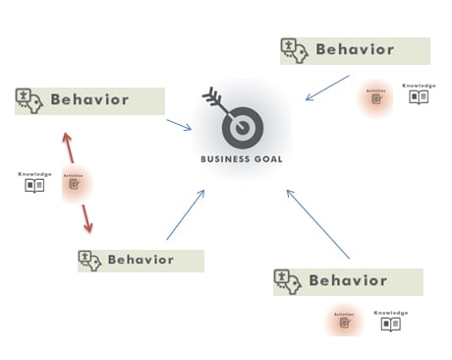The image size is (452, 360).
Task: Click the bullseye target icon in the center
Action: coord(240,129)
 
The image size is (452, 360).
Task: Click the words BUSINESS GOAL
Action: coord(241,158)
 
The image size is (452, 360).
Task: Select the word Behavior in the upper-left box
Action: coord(89,99)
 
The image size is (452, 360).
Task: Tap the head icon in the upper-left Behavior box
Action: coord(28,98)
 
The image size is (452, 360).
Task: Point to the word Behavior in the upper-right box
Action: coord(354,49)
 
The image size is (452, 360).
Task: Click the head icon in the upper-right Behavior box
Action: coord(294,49)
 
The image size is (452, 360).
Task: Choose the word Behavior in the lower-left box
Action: coord(141,260)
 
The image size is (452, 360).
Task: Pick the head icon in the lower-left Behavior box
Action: coord(90,261)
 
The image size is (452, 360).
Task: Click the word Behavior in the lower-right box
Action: coord(348,280)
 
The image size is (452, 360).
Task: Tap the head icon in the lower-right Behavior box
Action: coord(287,281)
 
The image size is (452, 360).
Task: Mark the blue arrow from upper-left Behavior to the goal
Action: coord(179,125)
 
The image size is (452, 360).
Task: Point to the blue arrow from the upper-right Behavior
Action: coord(326,90)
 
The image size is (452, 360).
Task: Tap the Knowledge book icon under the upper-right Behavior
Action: coord(420,96)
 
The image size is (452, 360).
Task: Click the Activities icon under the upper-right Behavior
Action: coord(376,97)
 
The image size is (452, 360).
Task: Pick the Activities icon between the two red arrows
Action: coord(74,183)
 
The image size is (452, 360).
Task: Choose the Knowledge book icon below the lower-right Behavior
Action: coord(390,323)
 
